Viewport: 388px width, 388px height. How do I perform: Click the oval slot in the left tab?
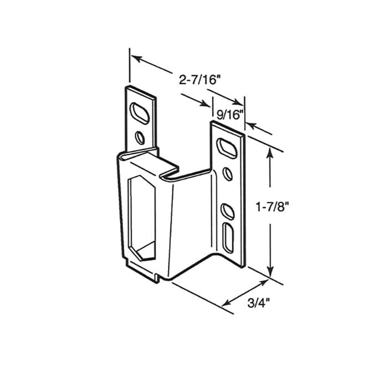click(x=141, y=111)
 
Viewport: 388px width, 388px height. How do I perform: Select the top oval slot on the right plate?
click(x=227, y=147)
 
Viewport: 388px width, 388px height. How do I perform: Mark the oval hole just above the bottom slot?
click(x=227, y=211)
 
